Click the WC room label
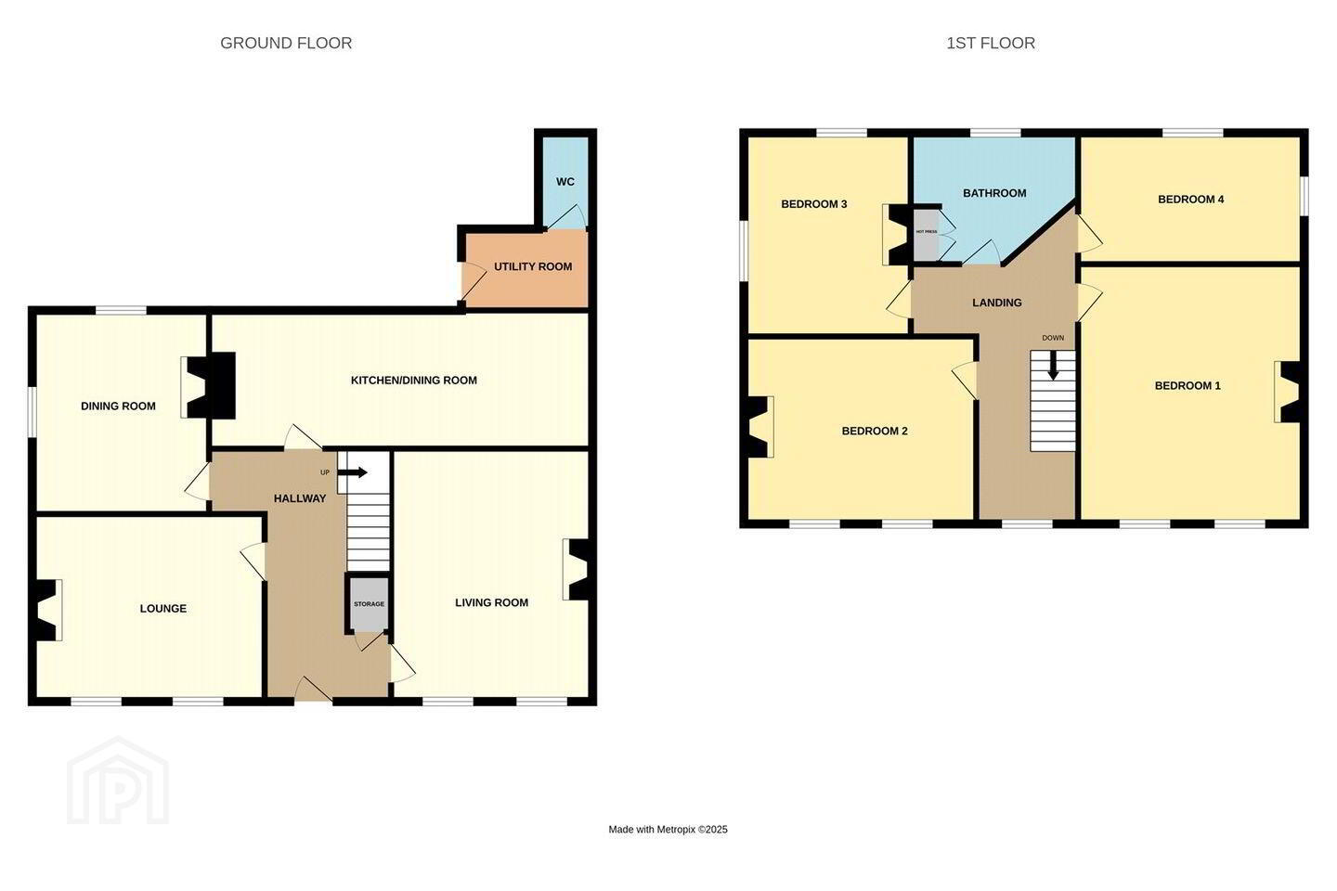(x=565, y=181)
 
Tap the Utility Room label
(x=532, y=266)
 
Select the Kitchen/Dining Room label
(x=414, y=381)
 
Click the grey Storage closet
(x=369, y=604)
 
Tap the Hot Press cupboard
(x=926, y=233)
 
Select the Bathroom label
(x=994, y=193)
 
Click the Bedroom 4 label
(x=1190, y=200)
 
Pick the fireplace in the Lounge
(x=47, y=610)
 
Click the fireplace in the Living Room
(x=577, y=570)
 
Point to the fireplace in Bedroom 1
(x=1288, y=392)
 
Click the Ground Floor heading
(x=286, y=43)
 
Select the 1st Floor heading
(x=991, y=43)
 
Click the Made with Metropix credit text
(x=668, y=829)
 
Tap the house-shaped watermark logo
(x=118, y=781)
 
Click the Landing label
(x=997, y=303)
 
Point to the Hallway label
(x=300, y=498)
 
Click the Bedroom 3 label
(x=814, y=204)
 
